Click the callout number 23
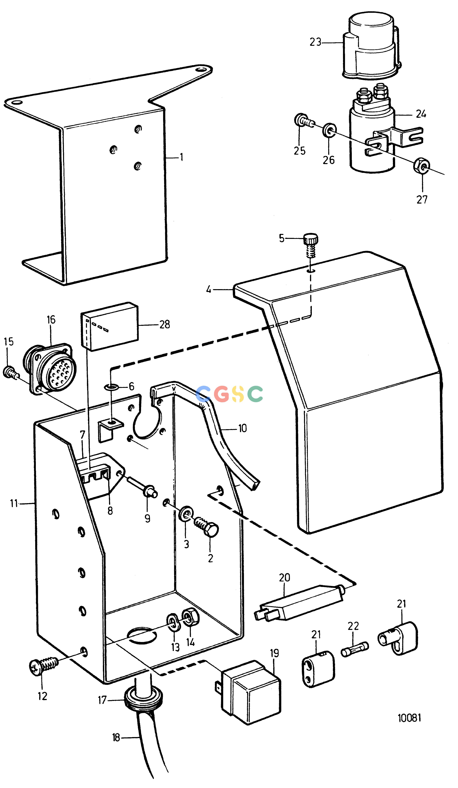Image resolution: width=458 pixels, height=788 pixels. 315,42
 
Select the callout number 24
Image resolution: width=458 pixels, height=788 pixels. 421,114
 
